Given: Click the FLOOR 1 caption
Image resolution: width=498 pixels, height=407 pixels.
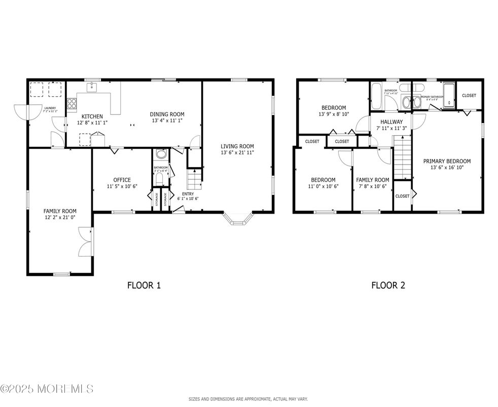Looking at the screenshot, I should click(144, 286).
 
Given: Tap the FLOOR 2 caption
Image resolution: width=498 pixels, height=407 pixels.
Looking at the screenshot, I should click(388, 286).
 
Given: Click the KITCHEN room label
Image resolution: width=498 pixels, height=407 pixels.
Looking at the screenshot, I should click(92, 116).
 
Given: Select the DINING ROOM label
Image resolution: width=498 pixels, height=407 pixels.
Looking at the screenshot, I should click(167, 114).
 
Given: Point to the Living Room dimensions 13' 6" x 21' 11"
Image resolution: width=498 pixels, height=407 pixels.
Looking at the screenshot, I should click(237, 152).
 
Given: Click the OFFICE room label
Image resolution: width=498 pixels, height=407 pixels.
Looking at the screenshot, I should click(122, 180).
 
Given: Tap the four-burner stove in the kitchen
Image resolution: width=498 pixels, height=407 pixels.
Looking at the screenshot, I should click(72, 104).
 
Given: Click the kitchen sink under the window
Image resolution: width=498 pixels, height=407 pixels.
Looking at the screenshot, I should click(92, 88).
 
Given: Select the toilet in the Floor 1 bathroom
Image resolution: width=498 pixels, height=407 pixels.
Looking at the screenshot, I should click(161, 154).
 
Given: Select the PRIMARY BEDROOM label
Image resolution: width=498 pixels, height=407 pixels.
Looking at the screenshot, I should click(447, 161).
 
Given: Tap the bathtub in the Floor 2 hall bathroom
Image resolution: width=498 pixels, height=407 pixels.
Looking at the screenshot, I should click(377, 97).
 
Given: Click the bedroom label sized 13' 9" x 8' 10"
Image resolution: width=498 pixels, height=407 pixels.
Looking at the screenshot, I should click(334, 107).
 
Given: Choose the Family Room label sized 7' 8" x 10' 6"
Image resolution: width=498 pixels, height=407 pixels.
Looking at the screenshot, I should click(372, 180).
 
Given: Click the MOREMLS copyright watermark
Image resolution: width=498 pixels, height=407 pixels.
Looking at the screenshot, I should click(47, 389).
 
